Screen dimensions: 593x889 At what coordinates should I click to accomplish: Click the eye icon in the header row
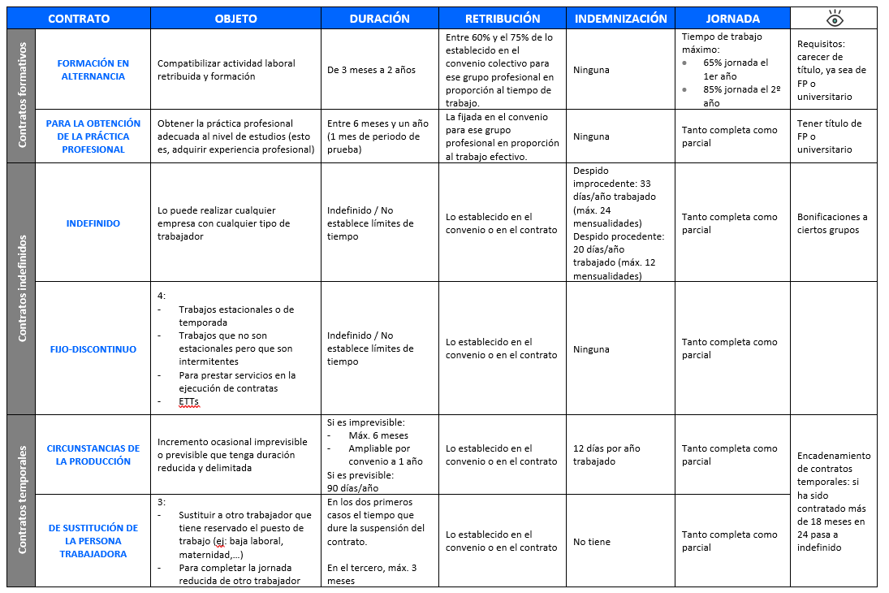point(834,18)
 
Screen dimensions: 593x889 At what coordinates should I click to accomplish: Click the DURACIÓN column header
point(379,19)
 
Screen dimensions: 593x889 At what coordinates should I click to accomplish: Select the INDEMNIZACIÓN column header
point(620,19)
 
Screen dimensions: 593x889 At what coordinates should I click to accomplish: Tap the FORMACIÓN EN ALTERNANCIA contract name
point(93,70)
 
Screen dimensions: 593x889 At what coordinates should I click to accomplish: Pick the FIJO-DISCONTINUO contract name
point(93,349)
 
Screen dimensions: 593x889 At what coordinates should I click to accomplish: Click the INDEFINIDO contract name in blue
point(93,223)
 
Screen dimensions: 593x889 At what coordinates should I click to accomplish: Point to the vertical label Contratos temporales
point(22,499)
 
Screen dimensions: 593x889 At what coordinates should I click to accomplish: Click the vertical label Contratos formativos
point(22,95)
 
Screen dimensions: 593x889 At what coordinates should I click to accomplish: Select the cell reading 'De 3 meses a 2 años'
point(371,70)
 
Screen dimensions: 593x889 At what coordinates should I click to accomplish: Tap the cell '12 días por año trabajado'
point(606,455)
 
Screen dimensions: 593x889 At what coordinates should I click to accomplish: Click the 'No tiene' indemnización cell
point(591,542)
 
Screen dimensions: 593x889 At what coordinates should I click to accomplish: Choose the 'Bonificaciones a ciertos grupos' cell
point(832,223)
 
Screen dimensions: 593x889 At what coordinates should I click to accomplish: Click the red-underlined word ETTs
point(188,402)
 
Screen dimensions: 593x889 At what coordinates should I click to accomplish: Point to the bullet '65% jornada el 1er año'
point(735,69)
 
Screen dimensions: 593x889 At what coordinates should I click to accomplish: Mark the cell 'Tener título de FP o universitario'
point(829,136)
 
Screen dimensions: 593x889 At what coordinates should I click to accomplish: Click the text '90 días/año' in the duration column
point(353,488)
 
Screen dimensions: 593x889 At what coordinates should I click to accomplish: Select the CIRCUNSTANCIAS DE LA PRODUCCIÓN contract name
point(93,455)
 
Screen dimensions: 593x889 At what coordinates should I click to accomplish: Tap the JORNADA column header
point(732,19)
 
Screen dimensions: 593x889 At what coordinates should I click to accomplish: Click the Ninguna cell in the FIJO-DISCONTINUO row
point(590,349)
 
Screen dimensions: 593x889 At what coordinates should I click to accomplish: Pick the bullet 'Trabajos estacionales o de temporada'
point(235,316)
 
